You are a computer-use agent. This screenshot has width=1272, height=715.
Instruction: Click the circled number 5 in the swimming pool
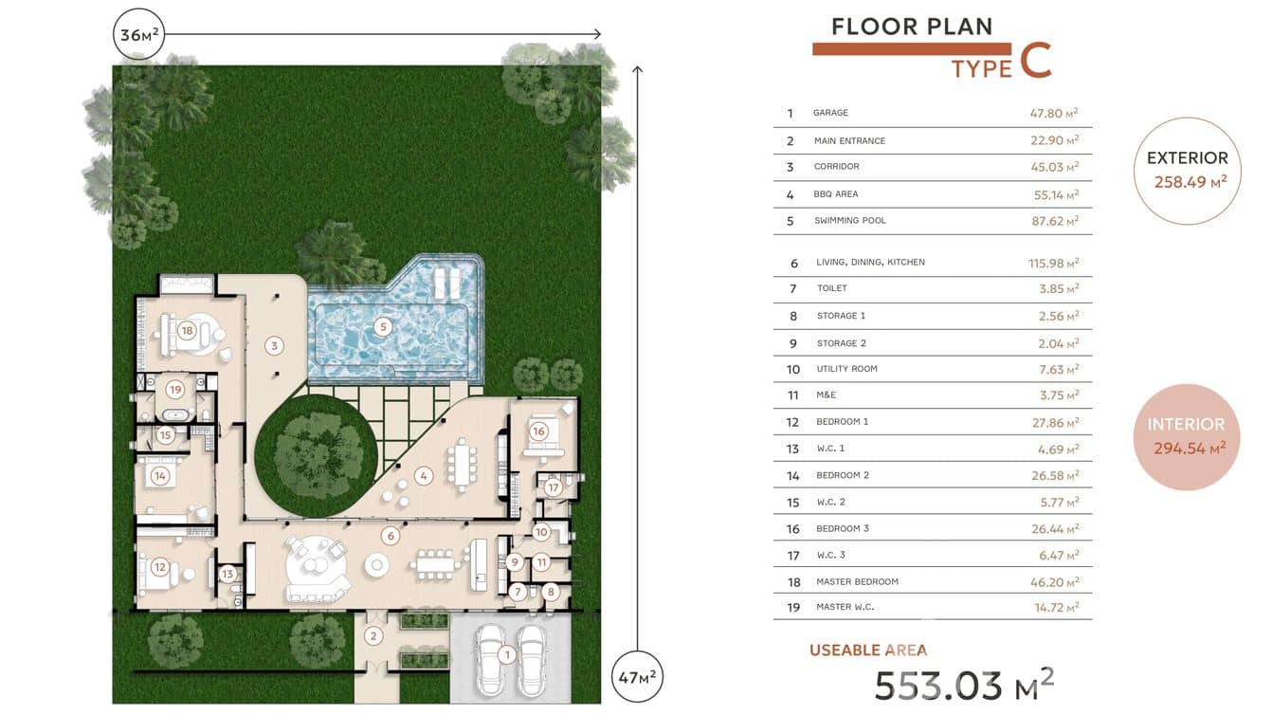point(383,326)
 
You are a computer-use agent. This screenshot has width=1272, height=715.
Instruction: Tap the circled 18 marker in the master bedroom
point(187,330)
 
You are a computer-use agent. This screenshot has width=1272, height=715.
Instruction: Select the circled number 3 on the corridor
point(274,345)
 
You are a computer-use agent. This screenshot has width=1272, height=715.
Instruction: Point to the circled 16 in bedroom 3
point(538,431)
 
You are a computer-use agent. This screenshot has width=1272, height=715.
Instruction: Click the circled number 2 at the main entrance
point(373,636)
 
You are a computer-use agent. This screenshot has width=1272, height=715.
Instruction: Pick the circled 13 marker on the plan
point(227,574)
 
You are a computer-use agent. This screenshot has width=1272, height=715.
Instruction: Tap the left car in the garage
point(489,660)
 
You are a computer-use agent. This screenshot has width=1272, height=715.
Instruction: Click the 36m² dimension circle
point(139,34)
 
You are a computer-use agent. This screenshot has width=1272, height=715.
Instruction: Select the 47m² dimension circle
point(637,677)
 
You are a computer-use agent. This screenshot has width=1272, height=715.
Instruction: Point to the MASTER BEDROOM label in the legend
point(857,581)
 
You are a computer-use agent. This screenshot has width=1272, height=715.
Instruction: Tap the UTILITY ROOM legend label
point(846,369)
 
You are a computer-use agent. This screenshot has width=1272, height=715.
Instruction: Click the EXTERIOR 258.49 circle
point(1187,171)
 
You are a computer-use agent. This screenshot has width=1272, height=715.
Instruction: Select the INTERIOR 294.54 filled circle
point(1187,437)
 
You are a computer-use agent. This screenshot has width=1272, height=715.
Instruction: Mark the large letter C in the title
point(1036,60)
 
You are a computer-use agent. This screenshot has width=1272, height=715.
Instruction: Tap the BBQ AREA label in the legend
point(835,194)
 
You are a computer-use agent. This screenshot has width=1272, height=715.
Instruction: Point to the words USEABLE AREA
point(868,651)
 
